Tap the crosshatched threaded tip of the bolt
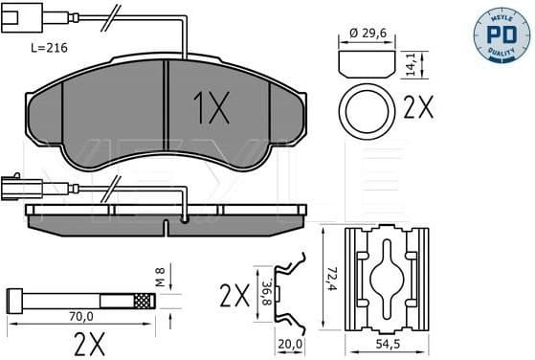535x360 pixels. (143, 301)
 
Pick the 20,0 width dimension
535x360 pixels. (290, 342)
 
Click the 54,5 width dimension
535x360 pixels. (387, 342)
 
